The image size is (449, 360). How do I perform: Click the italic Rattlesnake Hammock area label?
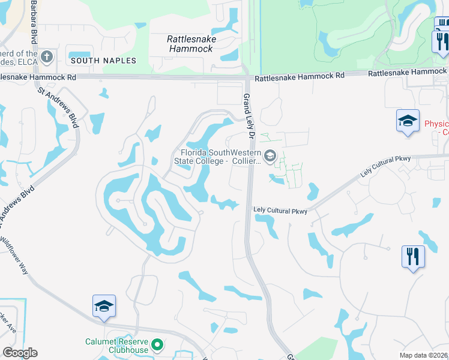point(191,44)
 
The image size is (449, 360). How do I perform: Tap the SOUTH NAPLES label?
point(103,61)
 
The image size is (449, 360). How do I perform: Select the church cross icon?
point(47,57)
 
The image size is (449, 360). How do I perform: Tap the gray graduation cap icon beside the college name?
point(270,157)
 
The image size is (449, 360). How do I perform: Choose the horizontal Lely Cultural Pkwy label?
point(280,211)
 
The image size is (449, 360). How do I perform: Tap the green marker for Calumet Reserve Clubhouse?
point(157,345)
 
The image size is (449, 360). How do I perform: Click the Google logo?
point(20,353)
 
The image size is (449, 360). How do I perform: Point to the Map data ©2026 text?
point(423,355)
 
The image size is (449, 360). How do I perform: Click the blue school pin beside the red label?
point(407,121)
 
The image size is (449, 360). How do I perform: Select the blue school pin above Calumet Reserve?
point(104,306)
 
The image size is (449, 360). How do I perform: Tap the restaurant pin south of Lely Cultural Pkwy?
point(413,257)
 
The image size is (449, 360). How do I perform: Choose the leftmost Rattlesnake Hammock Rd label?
point(38,77)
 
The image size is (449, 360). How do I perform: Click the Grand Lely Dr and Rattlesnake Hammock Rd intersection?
point(247,76)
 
